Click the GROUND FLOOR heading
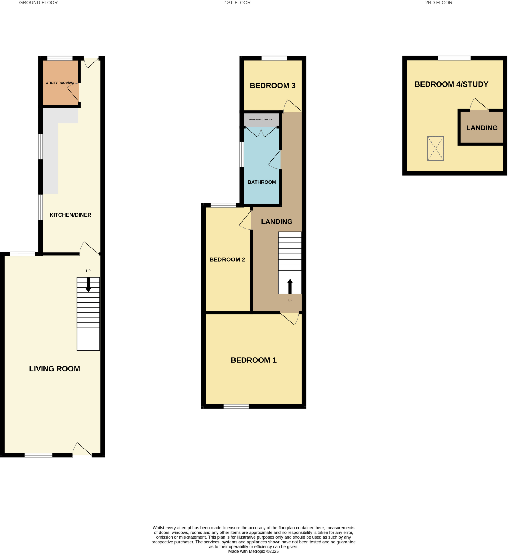coord(38,3)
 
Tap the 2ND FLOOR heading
coord(438,3)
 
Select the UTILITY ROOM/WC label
coord(60,83)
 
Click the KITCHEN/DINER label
coord(70,215)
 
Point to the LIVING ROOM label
coord(55,369)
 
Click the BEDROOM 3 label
coord(272,86)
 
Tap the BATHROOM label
coord(262,182)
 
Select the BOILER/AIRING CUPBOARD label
coord(261,120)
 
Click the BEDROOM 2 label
coord(227,259)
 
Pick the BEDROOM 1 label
coord(253,360)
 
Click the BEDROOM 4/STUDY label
coord(451,84)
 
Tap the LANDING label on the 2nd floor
coord(482,128)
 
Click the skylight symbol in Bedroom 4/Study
coord(435,149)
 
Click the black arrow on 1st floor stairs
coord(290,286)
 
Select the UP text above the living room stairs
coord(88,271)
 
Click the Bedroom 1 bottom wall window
coord(236,406)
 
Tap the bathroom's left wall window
coord(242,154)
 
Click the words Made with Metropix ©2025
coord(253,551)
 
